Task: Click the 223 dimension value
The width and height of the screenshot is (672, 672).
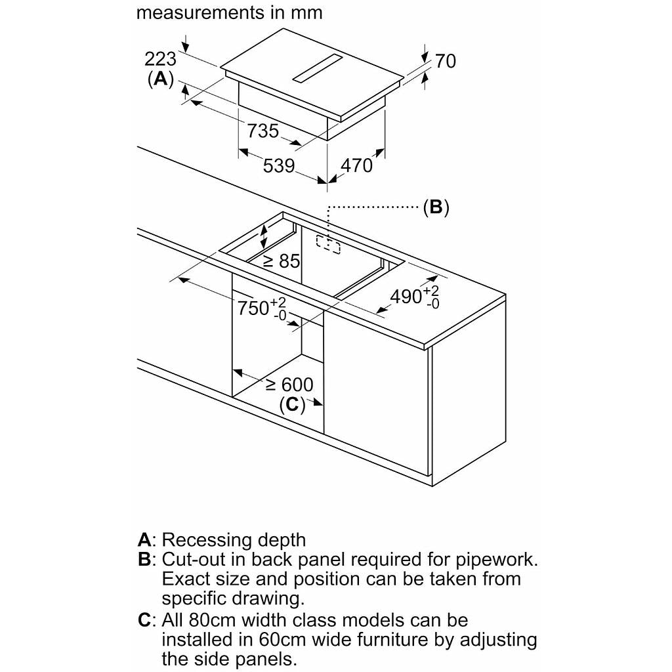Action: [160, 59]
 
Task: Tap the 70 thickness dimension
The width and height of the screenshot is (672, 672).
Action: [446, 61]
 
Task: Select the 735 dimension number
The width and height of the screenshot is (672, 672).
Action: [262, 131]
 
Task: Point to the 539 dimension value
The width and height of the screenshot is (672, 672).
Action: [278, 166]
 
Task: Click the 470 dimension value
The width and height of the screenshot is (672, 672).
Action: [356, 165]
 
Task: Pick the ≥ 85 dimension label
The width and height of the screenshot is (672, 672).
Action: [282, 261]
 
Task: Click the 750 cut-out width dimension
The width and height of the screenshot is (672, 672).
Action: [261, 308]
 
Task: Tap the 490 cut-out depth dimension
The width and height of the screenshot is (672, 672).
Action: [415, 297]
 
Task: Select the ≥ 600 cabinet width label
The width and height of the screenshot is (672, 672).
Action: [289, 385]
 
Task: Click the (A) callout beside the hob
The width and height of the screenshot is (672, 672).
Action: [160, 79]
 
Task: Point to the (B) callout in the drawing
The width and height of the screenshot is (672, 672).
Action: [436, 207]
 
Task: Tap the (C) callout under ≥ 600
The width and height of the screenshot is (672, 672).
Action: [292, 404]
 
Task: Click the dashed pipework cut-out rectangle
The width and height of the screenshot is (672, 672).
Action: [328, 244]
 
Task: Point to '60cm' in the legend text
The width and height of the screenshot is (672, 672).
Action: [282, 640]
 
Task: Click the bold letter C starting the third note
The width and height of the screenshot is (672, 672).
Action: [144, 620]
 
